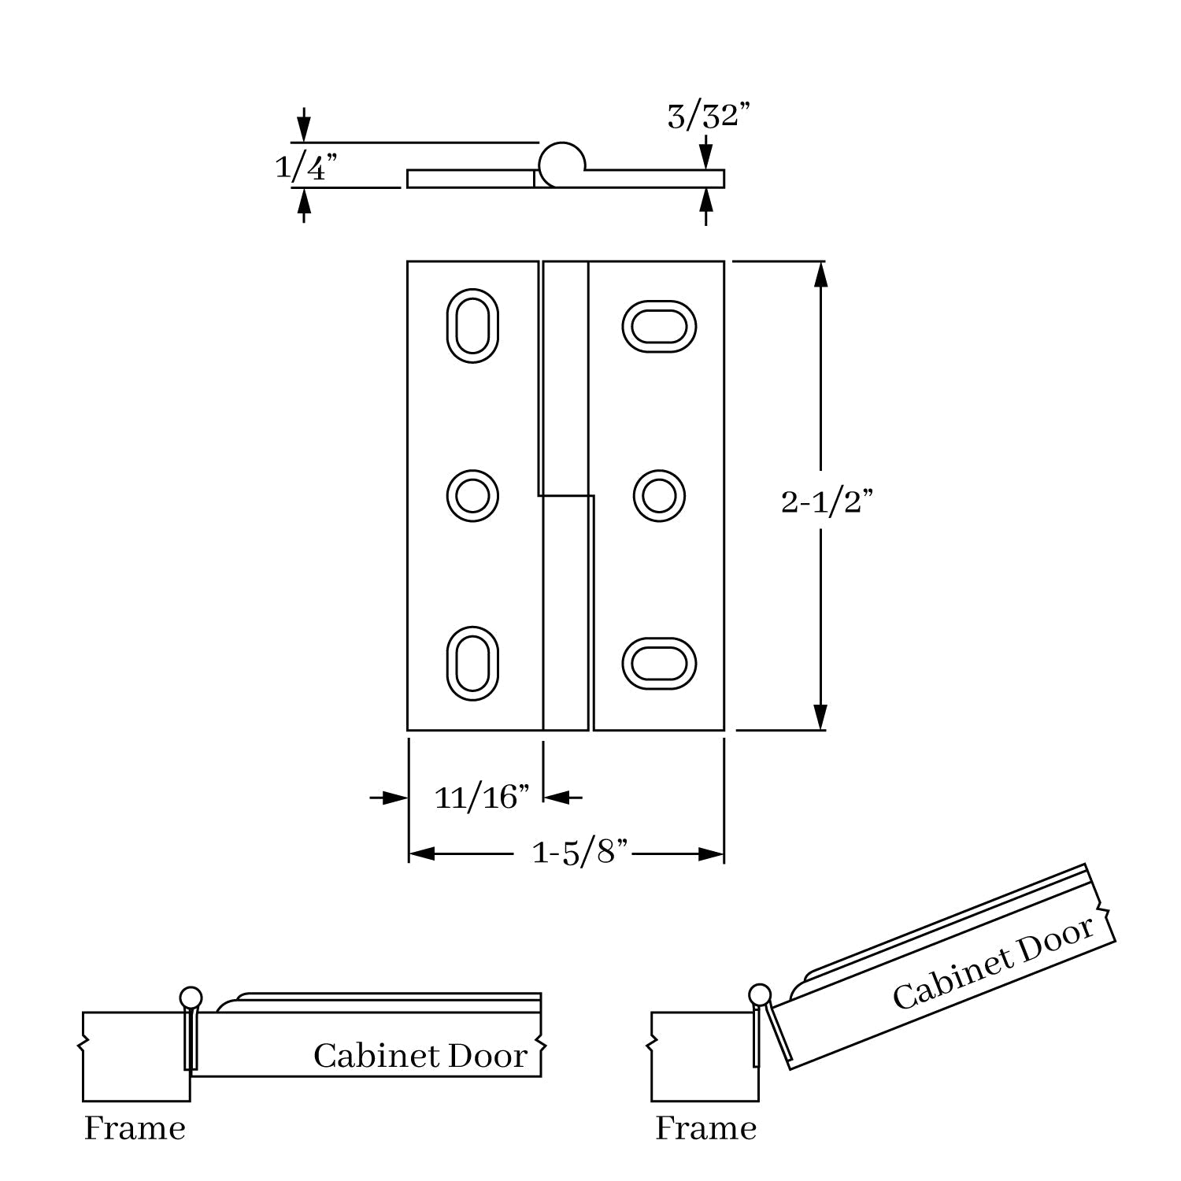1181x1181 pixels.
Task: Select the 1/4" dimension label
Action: click(306, 167)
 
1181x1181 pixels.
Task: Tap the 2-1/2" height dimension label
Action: click(827, 502)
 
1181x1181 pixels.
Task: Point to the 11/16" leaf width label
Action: click(482, 798)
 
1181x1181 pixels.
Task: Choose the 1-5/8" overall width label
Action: click(580, 853)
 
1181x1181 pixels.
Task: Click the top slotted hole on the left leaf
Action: click(472, 325)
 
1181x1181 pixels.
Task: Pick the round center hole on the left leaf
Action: click(472, 496)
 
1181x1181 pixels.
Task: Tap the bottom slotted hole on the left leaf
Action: click(472, 663)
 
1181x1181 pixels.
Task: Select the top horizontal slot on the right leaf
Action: click(659, 326)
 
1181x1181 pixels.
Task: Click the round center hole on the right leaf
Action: click(659, 496)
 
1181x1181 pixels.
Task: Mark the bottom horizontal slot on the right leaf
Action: click(659, 663)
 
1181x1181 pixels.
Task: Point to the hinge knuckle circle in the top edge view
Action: click(561, 164)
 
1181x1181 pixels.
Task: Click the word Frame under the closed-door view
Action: click(135, 1129)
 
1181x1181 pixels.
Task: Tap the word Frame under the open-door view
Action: click(705, 1129)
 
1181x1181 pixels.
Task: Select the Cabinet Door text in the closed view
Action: click(420, 1056)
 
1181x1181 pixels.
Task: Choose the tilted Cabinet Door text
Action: click(994, 962)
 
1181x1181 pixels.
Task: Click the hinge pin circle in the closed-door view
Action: click(191, 998)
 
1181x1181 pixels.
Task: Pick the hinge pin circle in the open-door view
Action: click(760, 994)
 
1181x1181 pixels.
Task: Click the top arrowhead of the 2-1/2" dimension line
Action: click(820, 272)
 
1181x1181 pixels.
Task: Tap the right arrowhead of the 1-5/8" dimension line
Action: click(713, 853)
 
